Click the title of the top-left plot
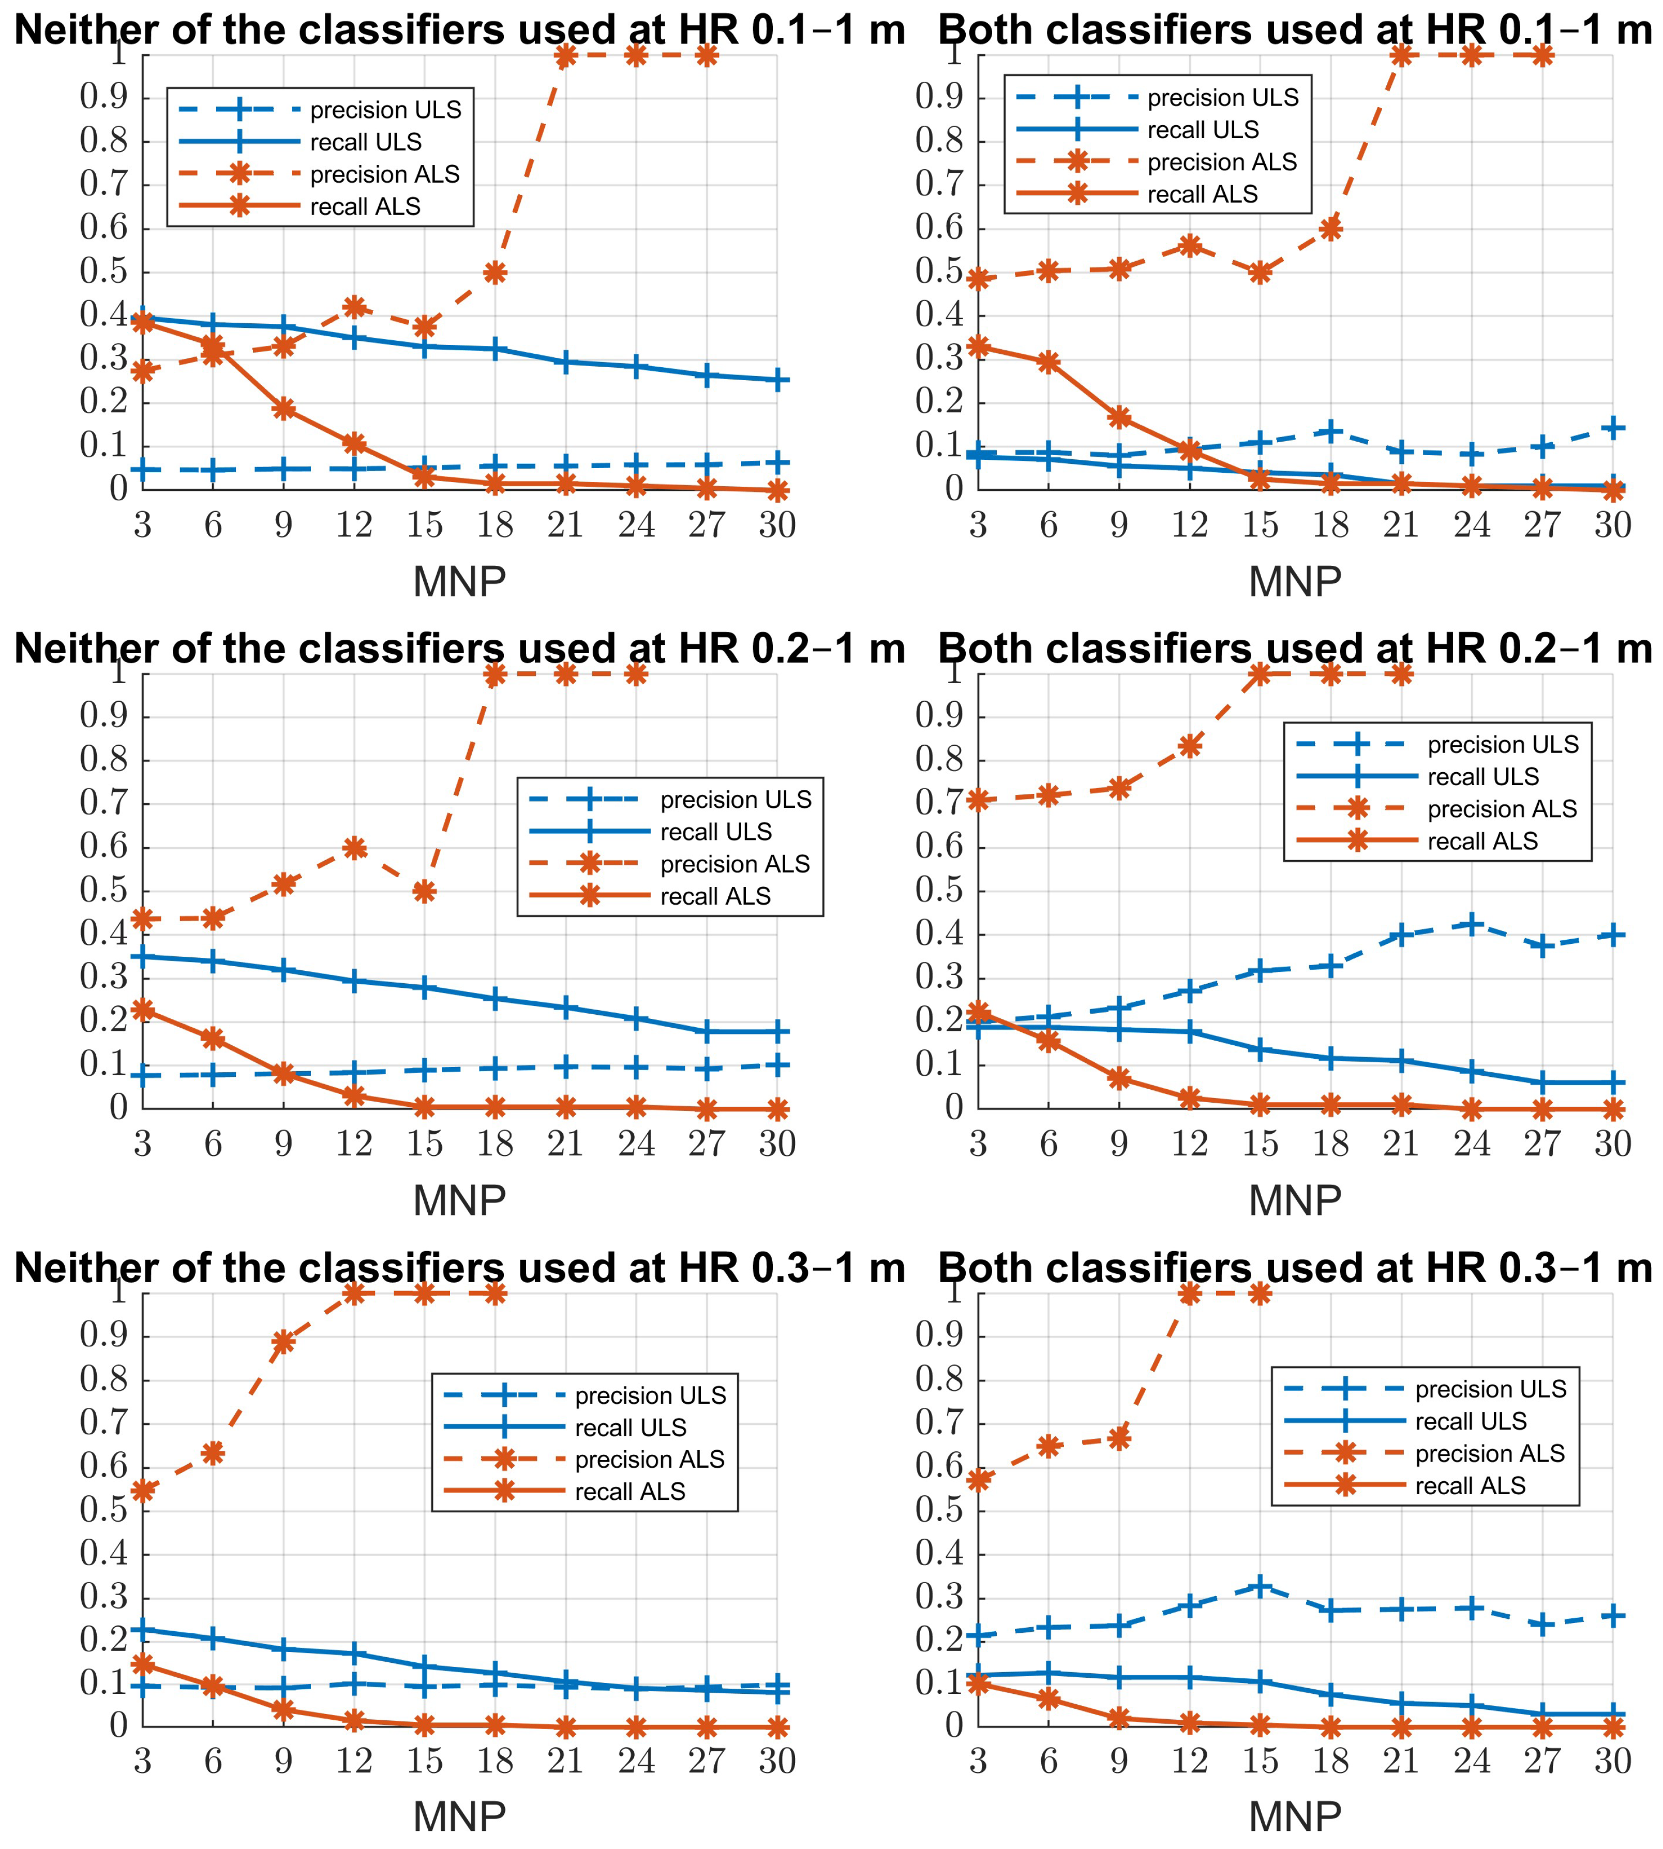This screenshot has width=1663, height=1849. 460,30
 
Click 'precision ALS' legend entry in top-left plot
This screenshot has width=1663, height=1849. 385,174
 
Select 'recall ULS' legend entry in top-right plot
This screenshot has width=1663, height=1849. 1203,130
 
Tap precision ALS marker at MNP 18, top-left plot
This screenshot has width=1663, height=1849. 495,272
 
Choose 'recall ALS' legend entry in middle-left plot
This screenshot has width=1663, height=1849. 715,896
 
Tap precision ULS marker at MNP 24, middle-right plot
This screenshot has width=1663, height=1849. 1471,924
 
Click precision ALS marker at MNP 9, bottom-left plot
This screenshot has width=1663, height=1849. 283,1341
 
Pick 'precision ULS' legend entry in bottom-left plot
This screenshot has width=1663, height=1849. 650,1395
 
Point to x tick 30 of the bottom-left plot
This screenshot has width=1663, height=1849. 777,1761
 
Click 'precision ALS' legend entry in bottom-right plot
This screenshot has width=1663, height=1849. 1489,1452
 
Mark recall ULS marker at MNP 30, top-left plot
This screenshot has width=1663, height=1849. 777,380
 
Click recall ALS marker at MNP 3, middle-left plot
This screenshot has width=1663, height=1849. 143,1010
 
